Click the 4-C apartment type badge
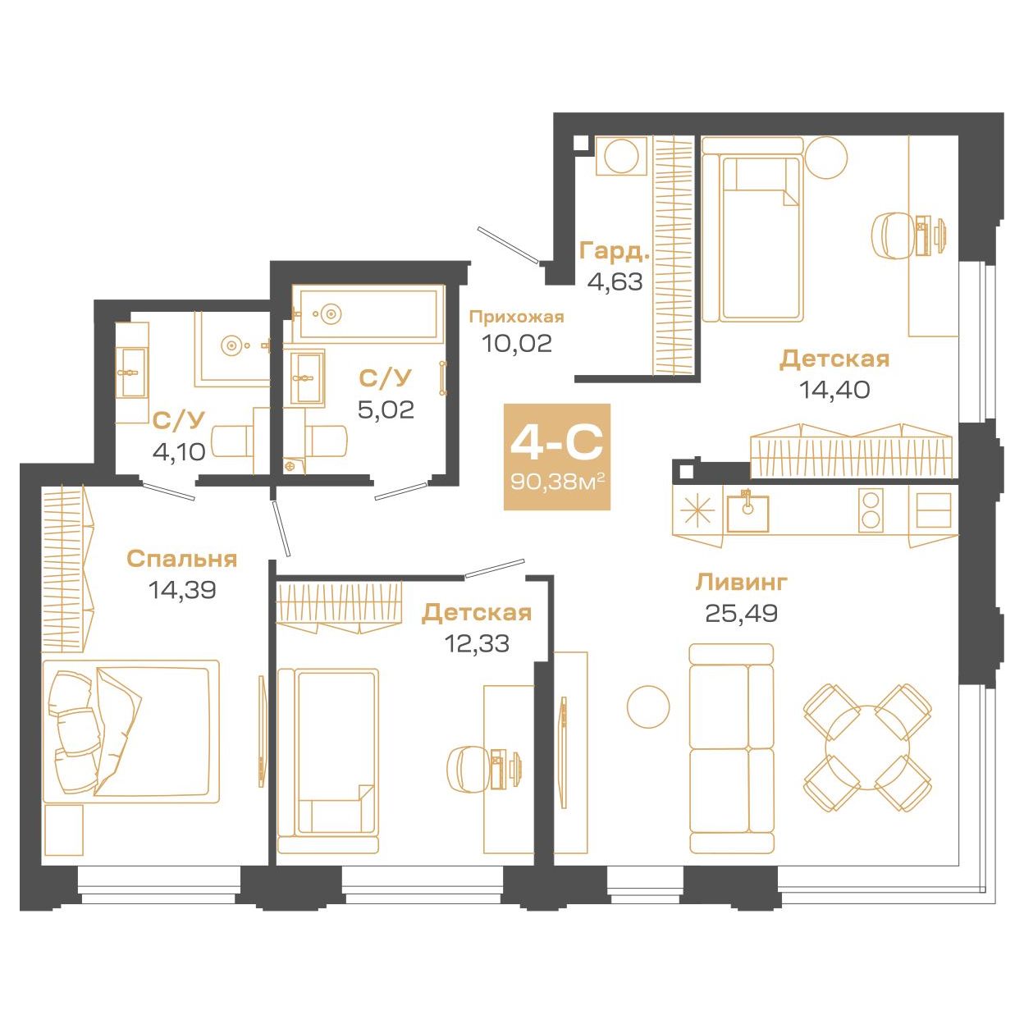point(556,457)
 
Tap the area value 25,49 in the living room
point(741,613)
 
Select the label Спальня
point(181,559)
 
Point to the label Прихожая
point(516,318)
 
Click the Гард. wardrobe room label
point(615,251)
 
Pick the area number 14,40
point(834,390)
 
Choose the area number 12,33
point(477,643)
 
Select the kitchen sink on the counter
point(747,513)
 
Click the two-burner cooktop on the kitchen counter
point(871,510)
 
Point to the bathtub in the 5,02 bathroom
point(368,314)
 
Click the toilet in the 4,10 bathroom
point(233,440)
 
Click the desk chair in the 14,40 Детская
point(894,235)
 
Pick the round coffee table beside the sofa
point(647,706)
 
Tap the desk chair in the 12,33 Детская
point(468,767)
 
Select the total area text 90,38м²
point(556,482)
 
